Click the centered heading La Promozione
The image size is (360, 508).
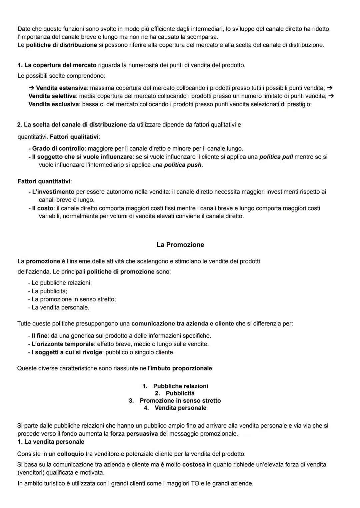[180, 245]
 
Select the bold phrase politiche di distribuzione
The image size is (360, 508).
[62, 45]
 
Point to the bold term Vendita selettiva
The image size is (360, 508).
[52, 96]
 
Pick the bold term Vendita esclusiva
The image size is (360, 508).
[53, 104]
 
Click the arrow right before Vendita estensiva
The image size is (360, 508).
[31, 88]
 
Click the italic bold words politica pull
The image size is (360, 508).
[276, 157]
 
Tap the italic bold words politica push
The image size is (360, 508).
[183, 165]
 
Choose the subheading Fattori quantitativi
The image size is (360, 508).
[44, 182]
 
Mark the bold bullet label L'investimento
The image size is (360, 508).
[53, 192]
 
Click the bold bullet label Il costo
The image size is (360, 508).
[42, 208]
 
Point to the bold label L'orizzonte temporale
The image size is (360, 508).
[62, 344]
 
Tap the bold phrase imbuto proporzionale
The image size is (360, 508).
[181, 368]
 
